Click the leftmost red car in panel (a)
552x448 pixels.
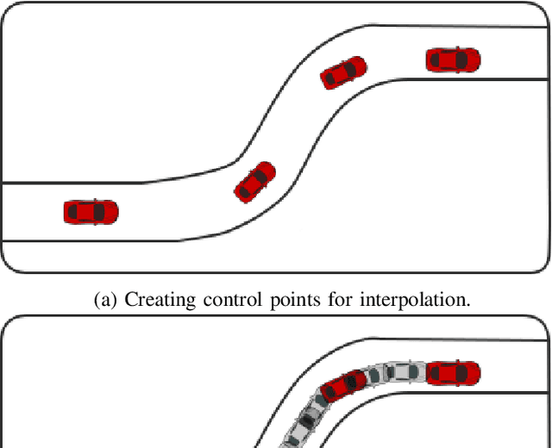click(91, 211)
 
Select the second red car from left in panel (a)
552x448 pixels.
click(255, 181)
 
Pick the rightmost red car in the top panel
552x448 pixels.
click(453, 59)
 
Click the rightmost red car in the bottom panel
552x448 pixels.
click(453, 373)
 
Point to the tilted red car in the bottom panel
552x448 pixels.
click(343, 385)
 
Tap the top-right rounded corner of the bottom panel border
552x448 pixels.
click(543, 322)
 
